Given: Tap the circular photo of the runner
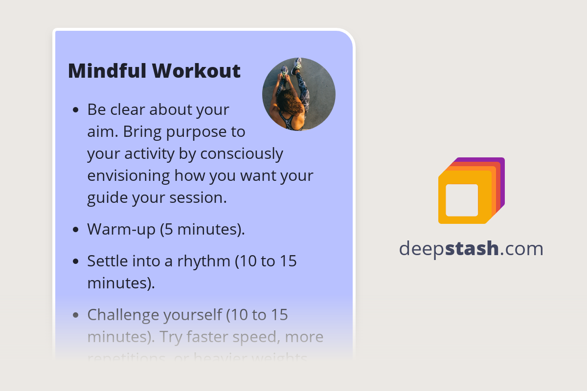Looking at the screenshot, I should (299, 94).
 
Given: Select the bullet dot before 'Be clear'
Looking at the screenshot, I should (75, 110).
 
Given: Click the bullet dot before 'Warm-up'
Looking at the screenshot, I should (75, 229).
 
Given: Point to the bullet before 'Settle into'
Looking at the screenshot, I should (75, 261).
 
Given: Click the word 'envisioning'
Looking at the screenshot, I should (129, 176).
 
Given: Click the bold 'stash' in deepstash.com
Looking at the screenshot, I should (472, 249).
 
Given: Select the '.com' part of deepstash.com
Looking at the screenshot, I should (521, 249).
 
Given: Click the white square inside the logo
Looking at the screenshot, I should (462, 200).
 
